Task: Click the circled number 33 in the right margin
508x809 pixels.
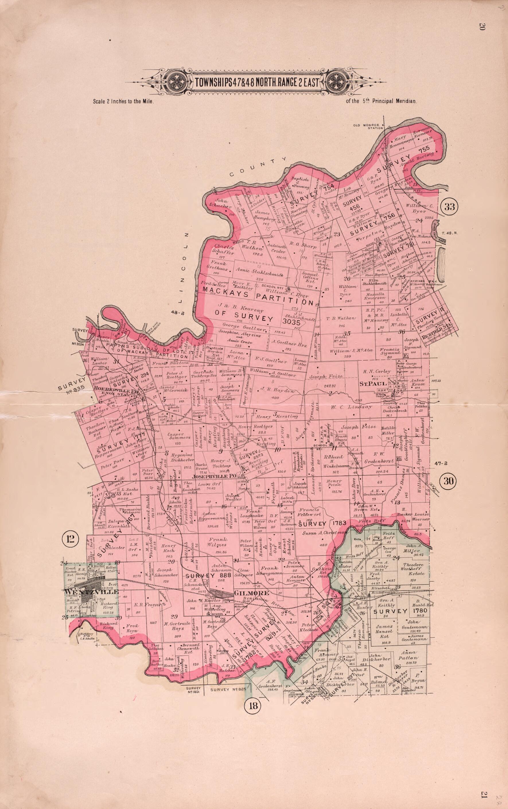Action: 449,206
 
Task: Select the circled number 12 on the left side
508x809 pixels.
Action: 70,539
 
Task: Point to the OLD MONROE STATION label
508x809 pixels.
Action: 368,127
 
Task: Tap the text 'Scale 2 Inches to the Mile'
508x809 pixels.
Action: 123,101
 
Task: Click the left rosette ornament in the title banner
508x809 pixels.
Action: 176,82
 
